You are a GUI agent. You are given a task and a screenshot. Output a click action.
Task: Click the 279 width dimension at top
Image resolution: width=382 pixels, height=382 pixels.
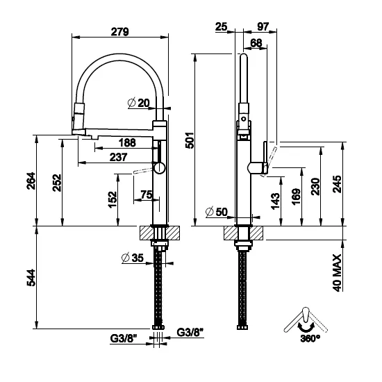click(120, 31)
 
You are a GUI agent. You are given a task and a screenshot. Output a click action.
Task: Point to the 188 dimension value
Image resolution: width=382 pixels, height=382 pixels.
click(127, 143)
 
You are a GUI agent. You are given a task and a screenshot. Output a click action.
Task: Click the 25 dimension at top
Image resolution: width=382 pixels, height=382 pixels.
click(222, 26)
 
